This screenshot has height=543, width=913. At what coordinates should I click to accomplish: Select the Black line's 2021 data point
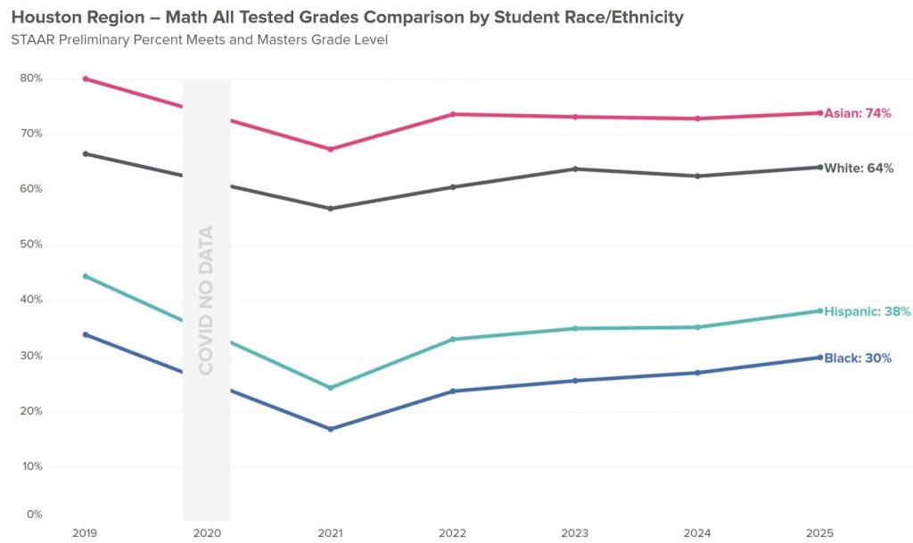331,429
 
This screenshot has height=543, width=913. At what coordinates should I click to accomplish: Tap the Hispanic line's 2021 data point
331,388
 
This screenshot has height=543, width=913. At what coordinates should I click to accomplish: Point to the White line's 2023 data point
575,169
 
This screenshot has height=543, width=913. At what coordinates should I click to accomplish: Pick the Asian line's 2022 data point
453,114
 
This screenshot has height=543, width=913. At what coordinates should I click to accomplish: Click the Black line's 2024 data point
697,373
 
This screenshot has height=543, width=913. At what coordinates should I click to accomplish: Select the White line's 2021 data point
331,209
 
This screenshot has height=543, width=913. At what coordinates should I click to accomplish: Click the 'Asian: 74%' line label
857,113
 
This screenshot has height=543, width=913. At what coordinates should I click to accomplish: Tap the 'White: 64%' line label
859,168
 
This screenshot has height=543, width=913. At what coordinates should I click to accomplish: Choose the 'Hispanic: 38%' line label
867,312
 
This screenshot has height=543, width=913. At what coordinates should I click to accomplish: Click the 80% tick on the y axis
31,78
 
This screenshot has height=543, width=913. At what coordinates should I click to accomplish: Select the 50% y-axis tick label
31,244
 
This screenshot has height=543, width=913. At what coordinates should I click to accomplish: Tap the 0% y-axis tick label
34,514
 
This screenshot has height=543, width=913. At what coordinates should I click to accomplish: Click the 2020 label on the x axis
207,532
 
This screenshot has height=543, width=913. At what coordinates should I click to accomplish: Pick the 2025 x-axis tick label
819,532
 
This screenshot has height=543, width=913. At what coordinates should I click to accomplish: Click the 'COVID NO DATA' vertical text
206,300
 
